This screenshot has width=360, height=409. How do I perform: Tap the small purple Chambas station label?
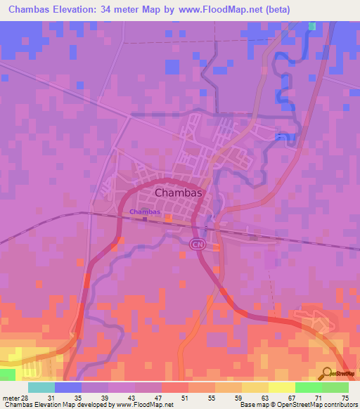click(x=145, y=212)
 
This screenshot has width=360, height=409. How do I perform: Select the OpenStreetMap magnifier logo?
click(x=327, y=372)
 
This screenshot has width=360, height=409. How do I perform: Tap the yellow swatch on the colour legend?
click(x=281, y=387)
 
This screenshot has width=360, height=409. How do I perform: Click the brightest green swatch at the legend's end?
click(x=335, y=387)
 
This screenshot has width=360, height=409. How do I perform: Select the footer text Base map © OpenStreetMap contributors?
click(x=297, y=404)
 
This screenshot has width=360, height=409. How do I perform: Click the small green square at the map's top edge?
click(x=311, y=26)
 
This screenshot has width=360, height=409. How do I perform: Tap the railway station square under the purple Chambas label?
click(x=145, y=219)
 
